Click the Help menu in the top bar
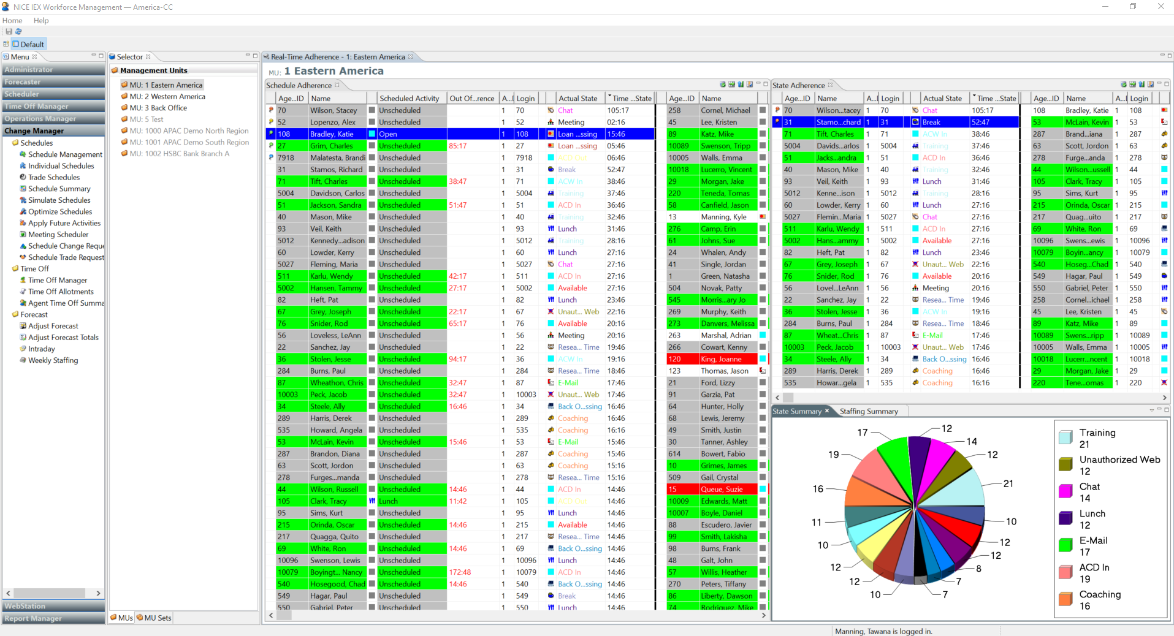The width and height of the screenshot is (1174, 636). (x=41, y=20)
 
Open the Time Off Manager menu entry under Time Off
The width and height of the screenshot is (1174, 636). (x=58, y=280)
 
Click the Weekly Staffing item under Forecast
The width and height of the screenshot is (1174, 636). (x=53, y=360)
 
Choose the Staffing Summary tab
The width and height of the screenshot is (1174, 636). (x=869, y=411)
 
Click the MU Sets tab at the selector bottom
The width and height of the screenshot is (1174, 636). (x=158, y=618)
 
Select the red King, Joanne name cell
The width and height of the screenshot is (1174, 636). (x=721, y=359)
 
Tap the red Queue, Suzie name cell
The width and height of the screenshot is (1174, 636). (x=722, y=490)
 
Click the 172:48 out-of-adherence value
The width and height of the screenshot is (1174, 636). (x=460, y=572)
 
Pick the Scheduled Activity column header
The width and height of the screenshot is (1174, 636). (x=409, y=98)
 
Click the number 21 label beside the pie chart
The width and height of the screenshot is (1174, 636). (x=1008, y=483)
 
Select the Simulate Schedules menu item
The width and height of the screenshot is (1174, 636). (x=59, y=200)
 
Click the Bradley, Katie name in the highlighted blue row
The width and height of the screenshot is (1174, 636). (x=332, y=134)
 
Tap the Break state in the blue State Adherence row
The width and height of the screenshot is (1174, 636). (x=931, y=122)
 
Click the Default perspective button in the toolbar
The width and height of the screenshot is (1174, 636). (x=29, y=44)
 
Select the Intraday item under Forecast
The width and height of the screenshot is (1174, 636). (x=41, y=349)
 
